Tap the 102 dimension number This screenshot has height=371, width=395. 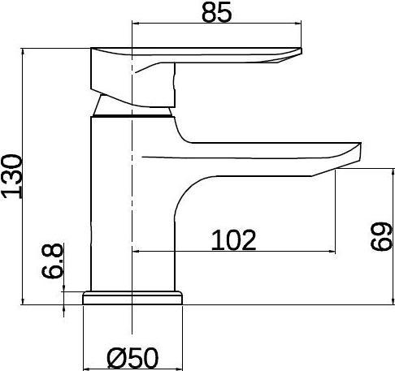point(234,239)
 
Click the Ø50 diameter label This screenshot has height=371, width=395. point(132,356)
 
